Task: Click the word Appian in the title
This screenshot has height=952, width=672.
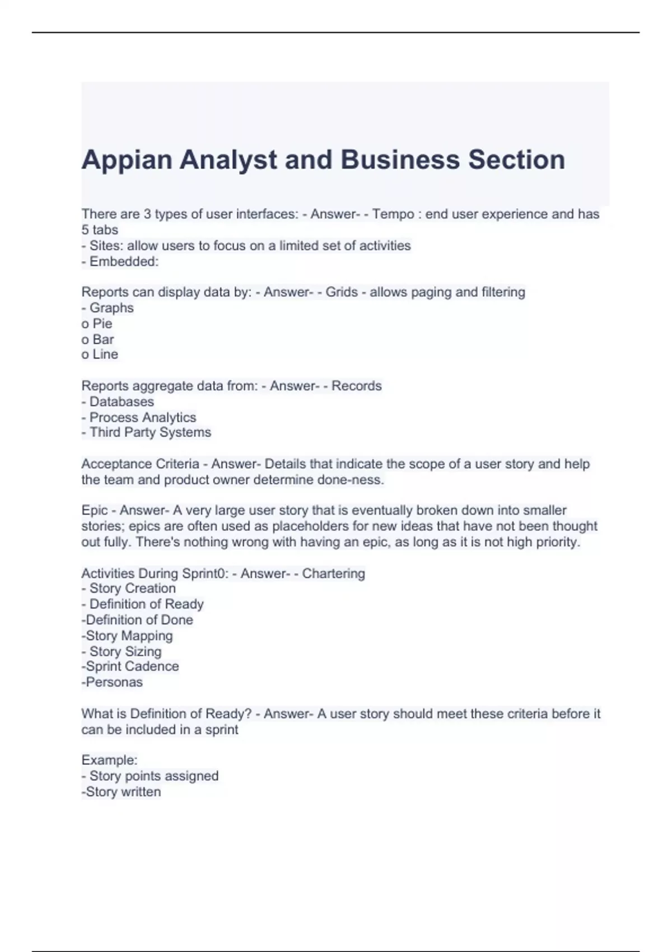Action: point(127,160)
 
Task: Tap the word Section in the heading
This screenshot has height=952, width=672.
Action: point(516,160)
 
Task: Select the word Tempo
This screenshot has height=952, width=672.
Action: point(393,214)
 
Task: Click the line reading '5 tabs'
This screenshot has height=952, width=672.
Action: point(100,230)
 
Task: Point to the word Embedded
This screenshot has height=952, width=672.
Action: point(124,262)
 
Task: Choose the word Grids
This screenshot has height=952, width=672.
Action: point(342,292)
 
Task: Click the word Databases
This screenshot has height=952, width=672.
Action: point(122,402)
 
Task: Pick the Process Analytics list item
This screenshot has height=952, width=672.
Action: point(143,417)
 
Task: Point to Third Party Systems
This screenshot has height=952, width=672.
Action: point(150,432)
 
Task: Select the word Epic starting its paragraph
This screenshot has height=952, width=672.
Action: point(95,510)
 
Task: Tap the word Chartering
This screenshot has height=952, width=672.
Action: point(333,573)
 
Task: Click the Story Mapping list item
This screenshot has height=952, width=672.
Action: point(129,636)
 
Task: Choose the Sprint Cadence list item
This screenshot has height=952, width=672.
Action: point(132,666)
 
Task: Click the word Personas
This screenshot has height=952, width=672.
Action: point(114,682)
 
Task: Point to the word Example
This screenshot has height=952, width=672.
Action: point(109,760)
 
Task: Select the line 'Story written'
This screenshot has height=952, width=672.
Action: point(123,792)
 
